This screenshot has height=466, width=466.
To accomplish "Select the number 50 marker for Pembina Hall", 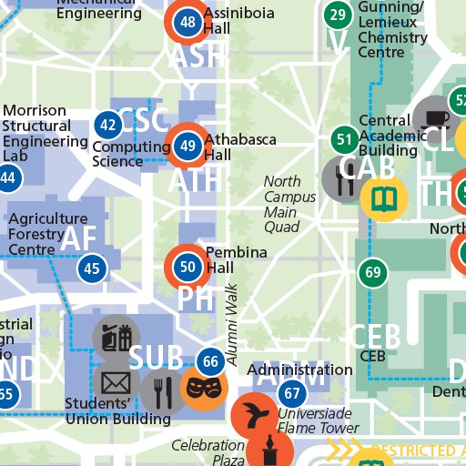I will (x=187, y=267).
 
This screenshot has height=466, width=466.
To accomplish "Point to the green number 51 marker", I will (x=344, y=140).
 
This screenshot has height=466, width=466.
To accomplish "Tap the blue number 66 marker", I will (x=211, y=362).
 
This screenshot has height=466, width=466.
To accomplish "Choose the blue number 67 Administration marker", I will (x=291, y=394).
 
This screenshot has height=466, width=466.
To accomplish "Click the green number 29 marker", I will (x=338, y=15).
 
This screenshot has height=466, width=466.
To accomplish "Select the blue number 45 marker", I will (x=91, y=268).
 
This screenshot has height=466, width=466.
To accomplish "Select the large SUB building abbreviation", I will (x=157, y=358).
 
